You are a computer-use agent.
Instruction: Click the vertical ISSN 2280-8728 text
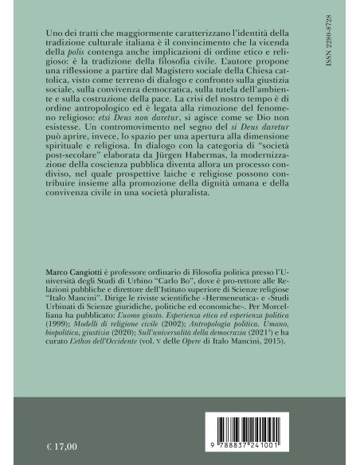(339, 48)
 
